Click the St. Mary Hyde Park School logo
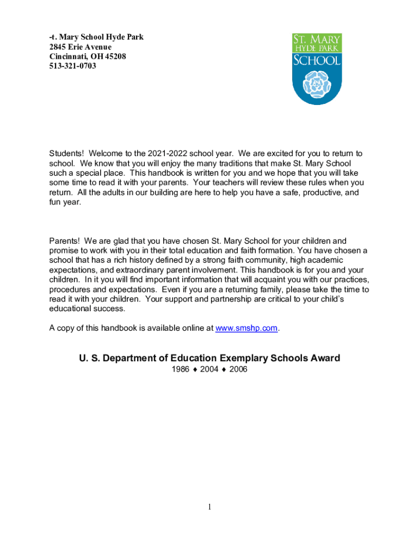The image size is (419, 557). [x=317, y=68]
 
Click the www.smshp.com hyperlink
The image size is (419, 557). [x=247, y=328]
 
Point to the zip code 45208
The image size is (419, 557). [x=115, y=57]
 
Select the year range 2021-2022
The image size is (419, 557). [x=166, y=153]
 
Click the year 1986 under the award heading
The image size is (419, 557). [x=180, y=370]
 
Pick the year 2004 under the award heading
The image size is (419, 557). [x=209, y=370]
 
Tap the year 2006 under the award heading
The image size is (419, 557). [x=238, y=370]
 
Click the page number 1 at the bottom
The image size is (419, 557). [x=209, y=508]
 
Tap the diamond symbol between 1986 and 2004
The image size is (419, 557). [x=195, y=370]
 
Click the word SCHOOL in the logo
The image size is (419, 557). [x=316, y=60]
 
